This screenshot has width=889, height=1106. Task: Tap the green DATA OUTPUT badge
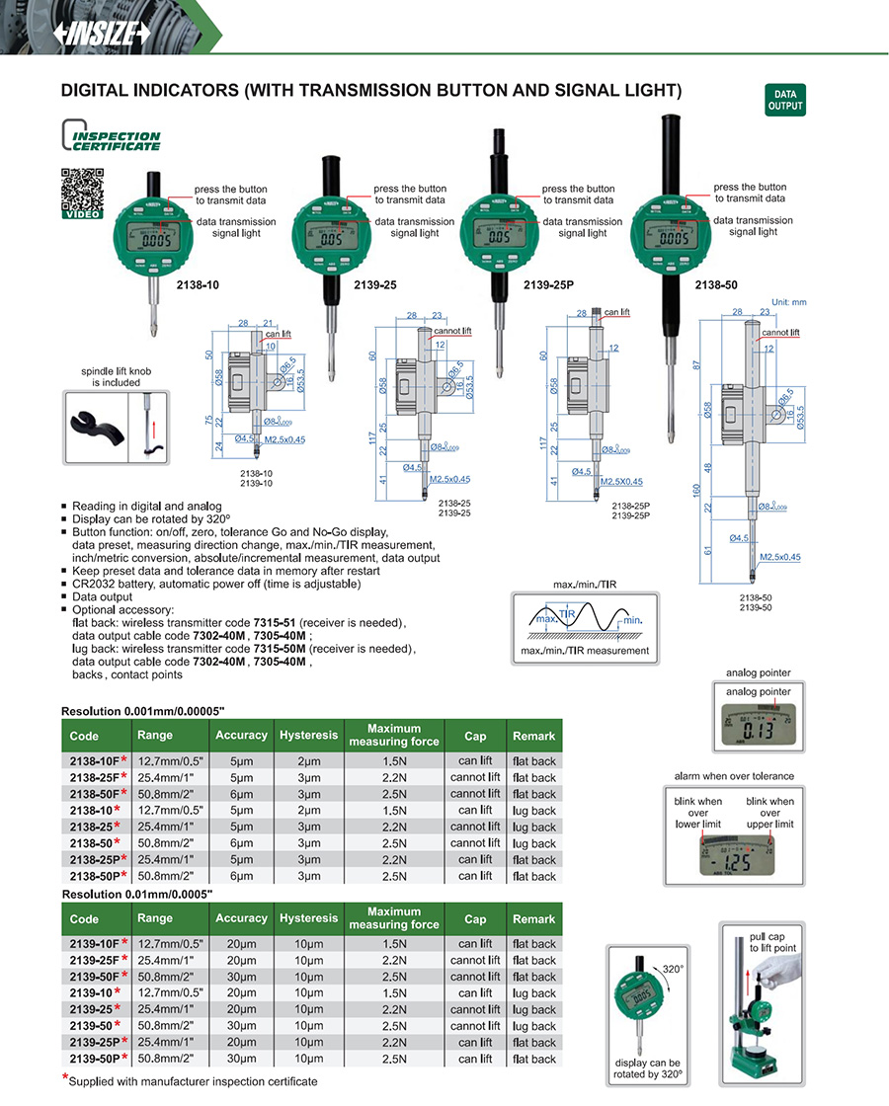[785, 100]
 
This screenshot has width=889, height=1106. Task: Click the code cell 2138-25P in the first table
[96, 860]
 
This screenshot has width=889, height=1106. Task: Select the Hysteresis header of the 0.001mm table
[308, 735]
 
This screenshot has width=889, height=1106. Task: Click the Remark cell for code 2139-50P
[533, 1059]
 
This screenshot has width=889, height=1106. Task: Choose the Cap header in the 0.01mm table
[474, 918]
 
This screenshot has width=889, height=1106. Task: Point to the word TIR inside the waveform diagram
[567, 613]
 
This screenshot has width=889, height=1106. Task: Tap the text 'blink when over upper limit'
[769, 813]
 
